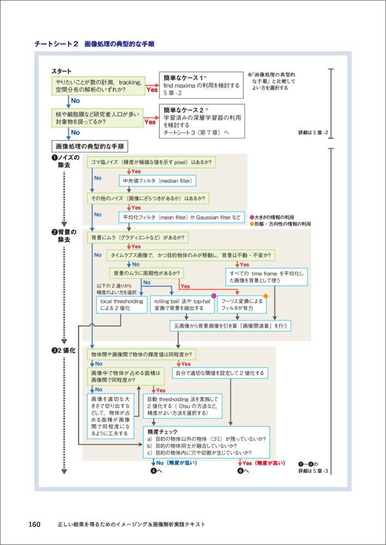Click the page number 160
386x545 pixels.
click(34, 524)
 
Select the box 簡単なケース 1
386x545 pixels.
click(201, 85)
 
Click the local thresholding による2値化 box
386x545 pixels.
click(117, 304)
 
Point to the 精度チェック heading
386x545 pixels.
click(160, 431)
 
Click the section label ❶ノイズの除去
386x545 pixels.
click(65, 162)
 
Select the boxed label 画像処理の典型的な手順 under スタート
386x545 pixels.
click(89, 146)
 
